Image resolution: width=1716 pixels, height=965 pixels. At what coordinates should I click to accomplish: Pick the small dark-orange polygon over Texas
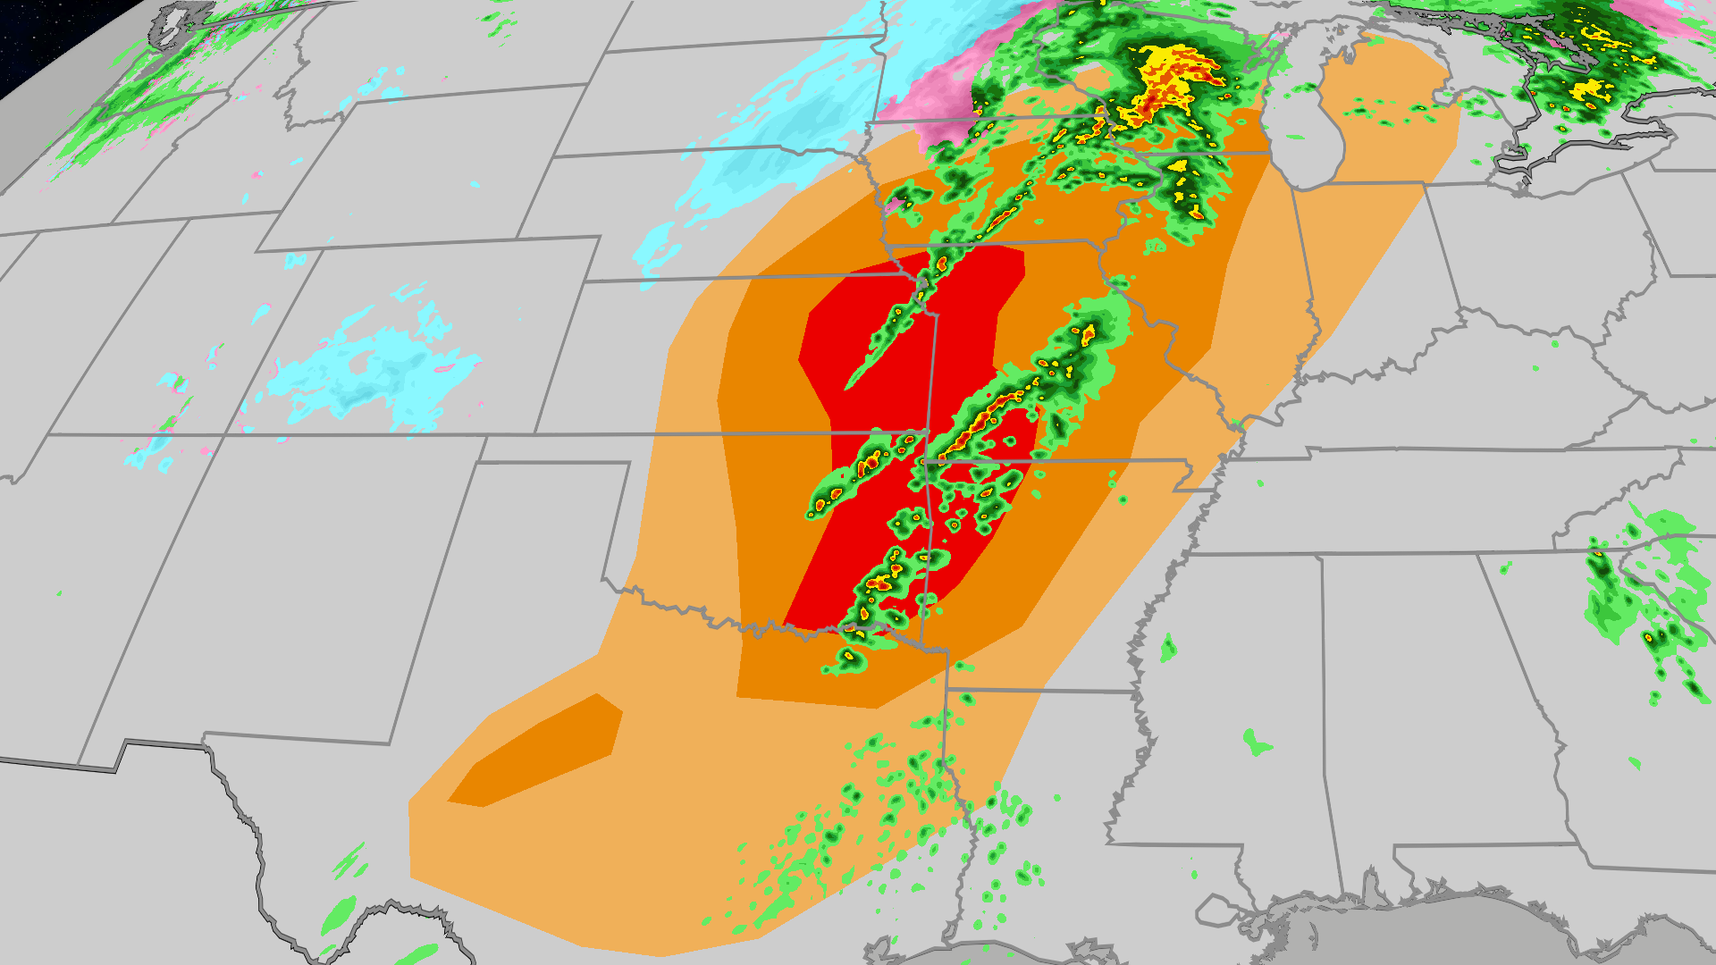coord(536,751)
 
